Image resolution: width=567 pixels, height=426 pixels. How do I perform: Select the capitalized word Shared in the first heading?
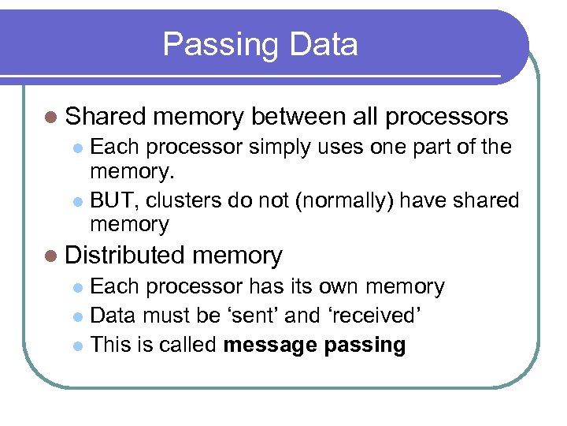106,117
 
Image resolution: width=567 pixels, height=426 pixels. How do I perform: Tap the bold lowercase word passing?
369,345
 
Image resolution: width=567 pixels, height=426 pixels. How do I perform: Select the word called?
190,345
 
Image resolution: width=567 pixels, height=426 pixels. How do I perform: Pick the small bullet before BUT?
76,201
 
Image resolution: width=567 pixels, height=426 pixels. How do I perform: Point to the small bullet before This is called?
76,346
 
